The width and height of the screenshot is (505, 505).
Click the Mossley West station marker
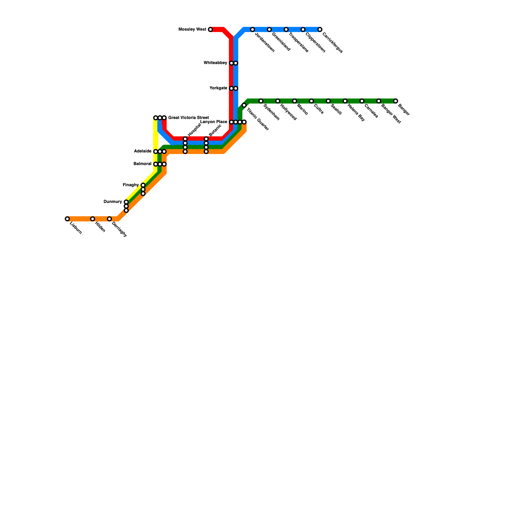(x=211, y=30)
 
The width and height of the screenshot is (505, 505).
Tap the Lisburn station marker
(x=67, y=219)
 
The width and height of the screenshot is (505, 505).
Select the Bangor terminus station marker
(x=395, y=101)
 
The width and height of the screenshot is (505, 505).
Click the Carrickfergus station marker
(x=320, y=30)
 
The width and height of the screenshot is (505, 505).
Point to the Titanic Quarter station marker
(x=244, y=105)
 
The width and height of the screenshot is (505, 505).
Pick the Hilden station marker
(x=92, y=219)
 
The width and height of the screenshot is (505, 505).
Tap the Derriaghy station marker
(x=109, y=219)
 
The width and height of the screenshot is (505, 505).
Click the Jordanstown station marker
(x=252, y=30)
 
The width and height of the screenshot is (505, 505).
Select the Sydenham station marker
(x=261, y=101)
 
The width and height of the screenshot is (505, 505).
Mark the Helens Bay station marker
(x=345, y=101)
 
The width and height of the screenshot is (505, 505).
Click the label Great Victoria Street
(x=188, y=118)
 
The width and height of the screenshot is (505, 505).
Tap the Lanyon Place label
(x=214, y=122)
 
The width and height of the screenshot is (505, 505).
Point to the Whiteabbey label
(x=215, y=63)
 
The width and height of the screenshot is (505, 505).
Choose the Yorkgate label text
(x=218, y=88)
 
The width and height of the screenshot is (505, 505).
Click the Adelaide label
(x=143, y=151)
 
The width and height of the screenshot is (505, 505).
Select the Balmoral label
(x=142, y=164)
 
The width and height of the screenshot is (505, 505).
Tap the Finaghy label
(x=131, y=185)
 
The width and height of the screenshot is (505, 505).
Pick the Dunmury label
(x=113, y=202)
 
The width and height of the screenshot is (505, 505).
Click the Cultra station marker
(x=311, y=101)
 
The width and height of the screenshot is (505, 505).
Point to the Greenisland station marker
(x=269, y=30)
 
